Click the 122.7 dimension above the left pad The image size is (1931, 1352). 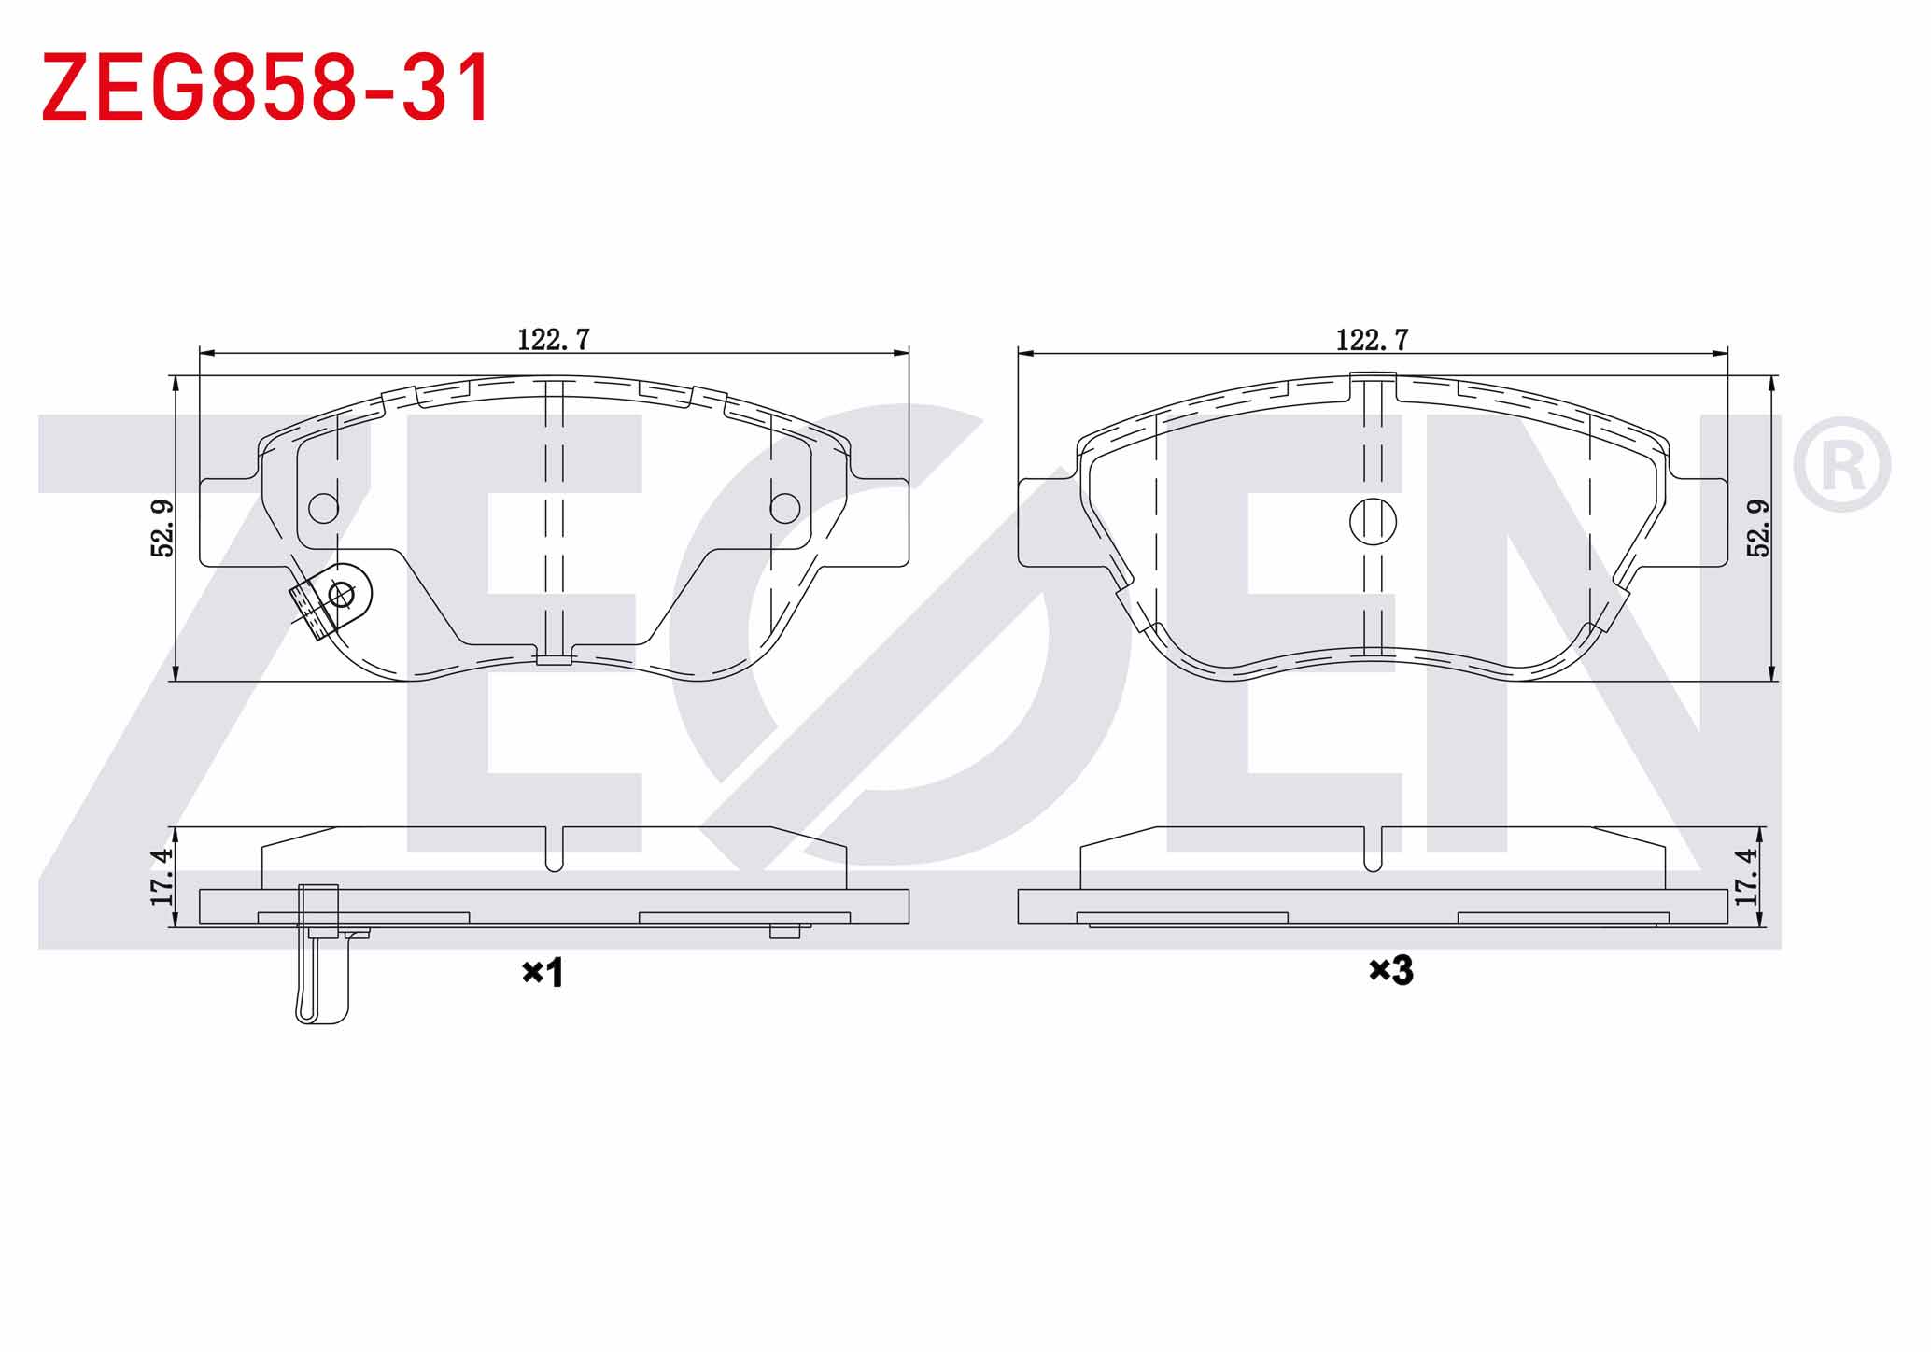[x=554, y=340]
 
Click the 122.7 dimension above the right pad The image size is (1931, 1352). [x=1372, y=340]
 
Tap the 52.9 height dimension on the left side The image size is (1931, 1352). [x=162, y=528]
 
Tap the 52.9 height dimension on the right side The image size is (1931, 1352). [x=1758, y=528]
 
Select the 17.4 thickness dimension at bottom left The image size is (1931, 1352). [x=162, y=877]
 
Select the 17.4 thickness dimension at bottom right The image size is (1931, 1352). [x=1745, y=877]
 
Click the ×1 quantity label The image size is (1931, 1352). [x=543, y=973]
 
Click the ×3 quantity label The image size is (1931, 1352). [x=1391, y=971]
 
